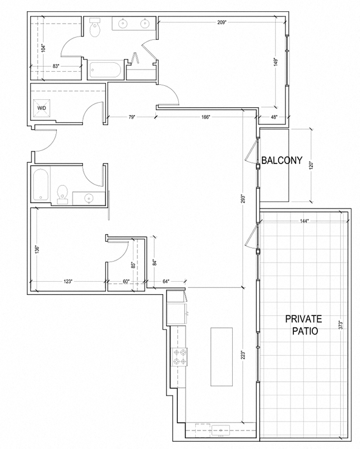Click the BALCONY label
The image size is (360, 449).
[x=282, y=161]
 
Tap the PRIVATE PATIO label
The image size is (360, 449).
[x=303, y=325]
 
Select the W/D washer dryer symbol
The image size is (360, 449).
[x=42, y=108]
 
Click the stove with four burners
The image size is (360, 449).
[x=179, y=357]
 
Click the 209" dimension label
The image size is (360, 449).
[x=222, y=22]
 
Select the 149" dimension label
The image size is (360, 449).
[x=275, y=62]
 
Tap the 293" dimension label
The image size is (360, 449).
[x=243, y=200]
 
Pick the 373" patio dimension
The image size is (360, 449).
[x=340, y=325]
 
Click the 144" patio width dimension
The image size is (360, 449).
[x=304, y=221]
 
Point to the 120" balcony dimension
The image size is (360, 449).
[x=311, y=166]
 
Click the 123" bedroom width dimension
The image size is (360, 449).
[x=67, y=282]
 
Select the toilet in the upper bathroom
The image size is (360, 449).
[x=95, y=27]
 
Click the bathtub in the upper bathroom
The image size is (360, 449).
[x=105, y=70]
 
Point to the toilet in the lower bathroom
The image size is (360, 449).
[x=62, y=195]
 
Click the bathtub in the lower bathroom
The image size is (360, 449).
[x=40, y=185]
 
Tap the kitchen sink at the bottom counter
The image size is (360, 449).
[x=221, y=430]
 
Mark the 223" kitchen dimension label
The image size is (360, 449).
[x=243, y=355]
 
